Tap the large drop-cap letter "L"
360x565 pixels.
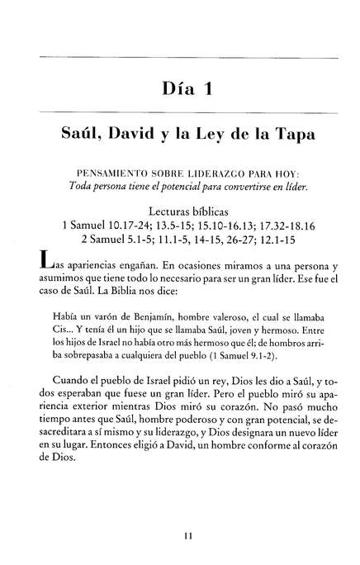point(48,268)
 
